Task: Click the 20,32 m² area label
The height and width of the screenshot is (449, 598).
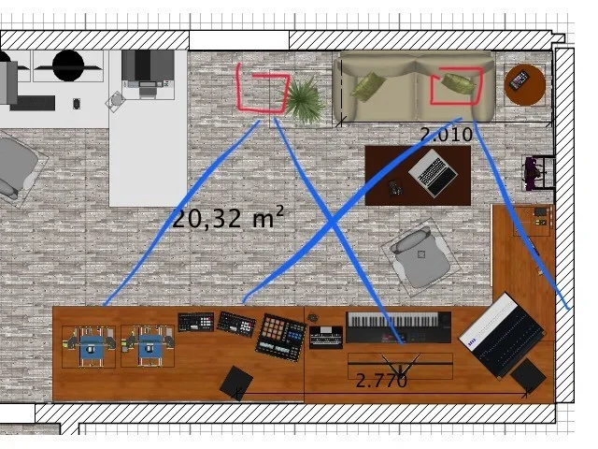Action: (x=228, y=218)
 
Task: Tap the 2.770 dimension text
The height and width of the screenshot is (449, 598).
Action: (x=381, y=381)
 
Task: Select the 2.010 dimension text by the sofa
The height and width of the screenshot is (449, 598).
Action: (x=447, y=135)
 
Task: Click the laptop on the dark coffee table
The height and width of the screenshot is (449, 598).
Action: (x=433, y=172)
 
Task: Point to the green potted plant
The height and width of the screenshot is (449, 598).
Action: (x=304, y=100)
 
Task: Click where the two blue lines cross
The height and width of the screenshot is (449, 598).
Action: (x=333, y=222)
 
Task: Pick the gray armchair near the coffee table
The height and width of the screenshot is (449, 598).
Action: (x=421, y=256)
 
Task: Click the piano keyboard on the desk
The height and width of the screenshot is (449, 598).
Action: (x=399, y=327)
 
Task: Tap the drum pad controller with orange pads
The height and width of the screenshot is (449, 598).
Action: (x=281, y=337)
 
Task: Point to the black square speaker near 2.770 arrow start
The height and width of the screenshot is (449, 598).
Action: (x=236, y=383)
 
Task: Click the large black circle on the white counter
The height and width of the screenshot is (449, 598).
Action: (x=68, y=65)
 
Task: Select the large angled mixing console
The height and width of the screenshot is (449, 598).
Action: (x=502, y=335)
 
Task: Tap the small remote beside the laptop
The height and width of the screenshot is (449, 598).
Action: (x=394, y=187)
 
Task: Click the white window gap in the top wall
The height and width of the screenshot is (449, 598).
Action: (x=239, y=40)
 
